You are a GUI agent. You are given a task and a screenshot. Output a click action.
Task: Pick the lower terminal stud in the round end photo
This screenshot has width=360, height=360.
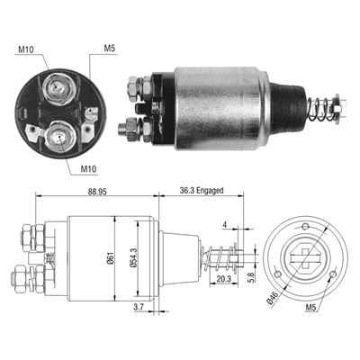(57, 134)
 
